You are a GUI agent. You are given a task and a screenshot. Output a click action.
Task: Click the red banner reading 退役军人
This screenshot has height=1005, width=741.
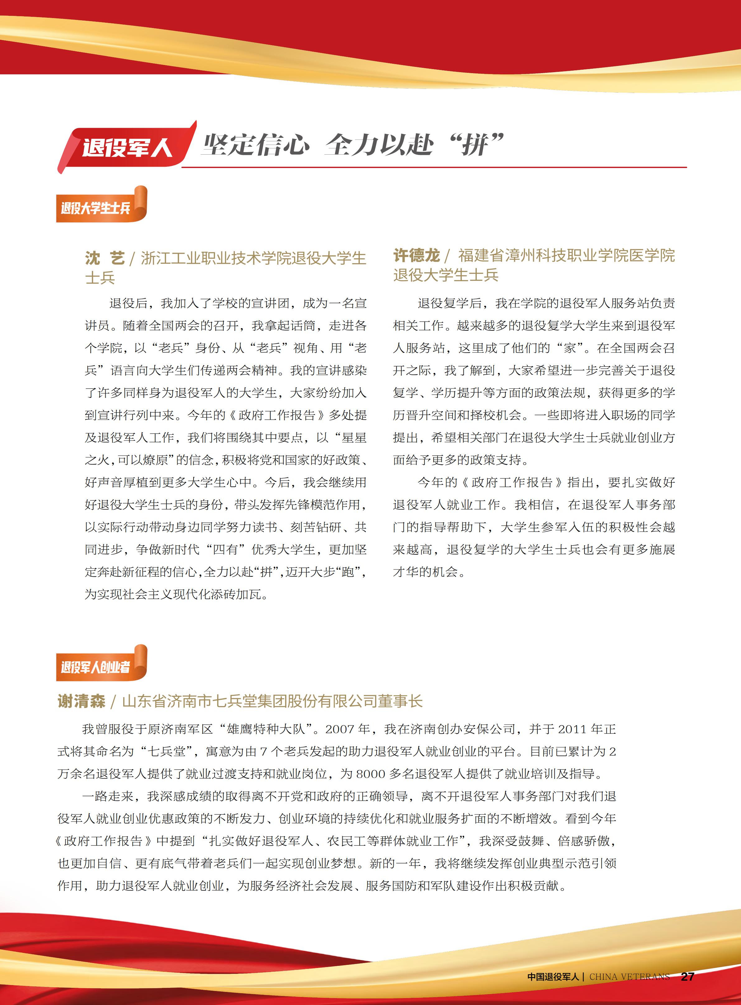127,147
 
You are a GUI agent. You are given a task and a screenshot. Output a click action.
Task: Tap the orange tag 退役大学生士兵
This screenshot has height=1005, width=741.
96,208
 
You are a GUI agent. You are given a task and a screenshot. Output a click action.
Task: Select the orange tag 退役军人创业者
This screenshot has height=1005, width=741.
96,667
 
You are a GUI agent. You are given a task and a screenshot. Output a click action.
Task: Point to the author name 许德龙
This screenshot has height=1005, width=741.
416,255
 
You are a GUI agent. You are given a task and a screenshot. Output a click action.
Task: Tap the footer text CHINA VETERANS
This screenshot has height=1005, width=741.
629,977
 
